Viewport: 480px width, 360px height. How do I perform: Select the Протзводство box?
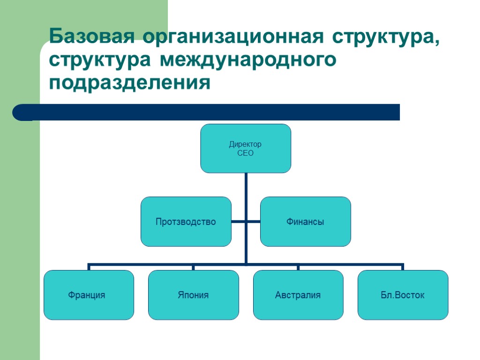(x=186, y=222)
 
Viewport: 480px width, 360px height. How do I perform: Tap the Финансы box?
(x=305, y=222)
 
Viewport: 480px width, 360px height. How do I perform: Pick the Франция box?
(x=89, y=295)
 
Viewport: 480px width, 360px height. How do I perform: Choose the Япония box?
(x=193, y=295)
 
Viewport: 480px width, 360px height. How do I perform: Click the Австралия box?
(x=298, y=295)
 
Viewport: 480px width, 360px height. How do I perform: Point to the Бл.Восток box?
(x=403, y=295)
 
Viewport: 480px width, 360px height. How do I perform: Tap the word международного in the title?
(x=248, y=60)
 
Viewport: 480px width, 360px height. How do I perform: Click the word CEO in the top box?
(x=246, y=153)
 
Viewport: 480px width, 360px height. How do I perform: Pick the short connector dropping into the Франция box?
(x=89, y=267)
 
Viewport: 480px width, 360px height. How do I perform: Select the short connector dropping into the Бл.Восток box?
(x=403, y=267)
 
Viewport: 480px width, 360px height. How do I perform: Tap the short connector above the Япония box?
(x=193, y=267)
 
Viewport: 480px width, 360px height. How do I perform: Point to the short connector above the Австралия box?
(x=298, y=267)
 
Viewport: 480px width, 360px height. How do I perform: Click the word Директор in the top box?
(x=246, y=144)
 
